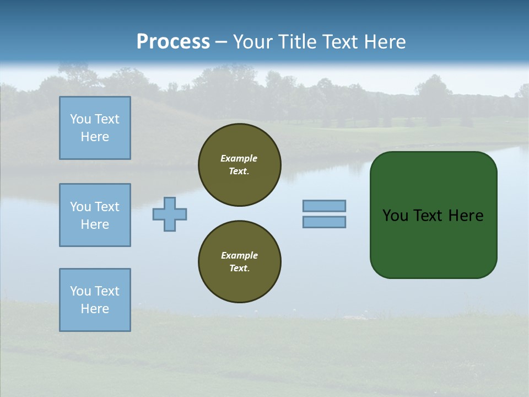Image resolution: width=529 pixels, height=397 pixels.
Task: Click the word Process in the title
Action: pyautogui.click(x=173, y=42)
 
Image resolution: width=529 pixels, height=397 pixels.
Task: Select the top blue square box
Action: pyautogui.click(x=95, y=128)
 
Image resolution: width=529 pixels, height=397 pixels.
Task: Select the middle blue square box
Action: pyautogui.click(x=95, y=215)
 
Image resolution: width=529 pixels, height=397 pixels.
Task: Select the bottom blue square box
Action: pyautogui.click(x=95, y=300)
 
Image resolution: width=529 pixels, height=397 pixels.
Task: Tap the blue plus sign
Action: pyautogui.click(x=170, y=214)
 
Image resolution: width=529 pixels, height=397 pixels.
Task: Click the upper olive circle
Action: pyautogui.click(x=239, y=164)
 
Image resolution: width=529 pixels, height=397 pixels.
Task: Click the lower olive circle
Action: pyautogui.click(x=239, y=262)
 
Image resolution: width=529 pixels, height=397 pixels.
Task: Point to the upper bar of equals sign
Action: pyautogui.click(x=324, y=206)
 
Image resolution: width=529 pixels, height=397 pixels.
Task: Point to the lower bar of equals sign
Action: pyautogui.click(x=324, y=222)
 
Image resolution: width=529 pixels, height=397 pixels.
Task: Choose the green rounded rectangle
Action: pyautogui.click(x=433, y=215)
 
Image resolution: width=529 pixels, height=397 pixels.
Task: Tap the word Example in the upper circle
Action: pyautogui.click(x=239, y=158)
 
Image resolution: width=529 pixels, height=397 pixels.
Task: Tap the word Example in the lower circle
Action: pyautogui.click(x=239, y=255)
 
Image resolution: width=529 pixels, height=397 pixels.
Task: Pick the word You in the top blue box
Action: pyautogui.click(x=80, y=119)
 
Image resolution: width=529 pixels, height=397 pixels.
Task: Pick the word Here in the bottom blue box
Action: pyautogui.click(x=95, y=309)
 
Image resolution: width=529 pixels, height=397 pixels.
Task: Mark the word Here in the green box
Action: pyautogui.click(x=466, y=216)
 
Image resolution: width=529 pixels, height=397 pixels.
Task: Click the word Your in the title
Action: pyautogui.click(x=253, y=42)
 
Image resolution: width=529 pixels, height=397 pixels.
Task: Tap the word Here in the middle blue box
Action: pyautogui.click(x=95, y=224)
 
